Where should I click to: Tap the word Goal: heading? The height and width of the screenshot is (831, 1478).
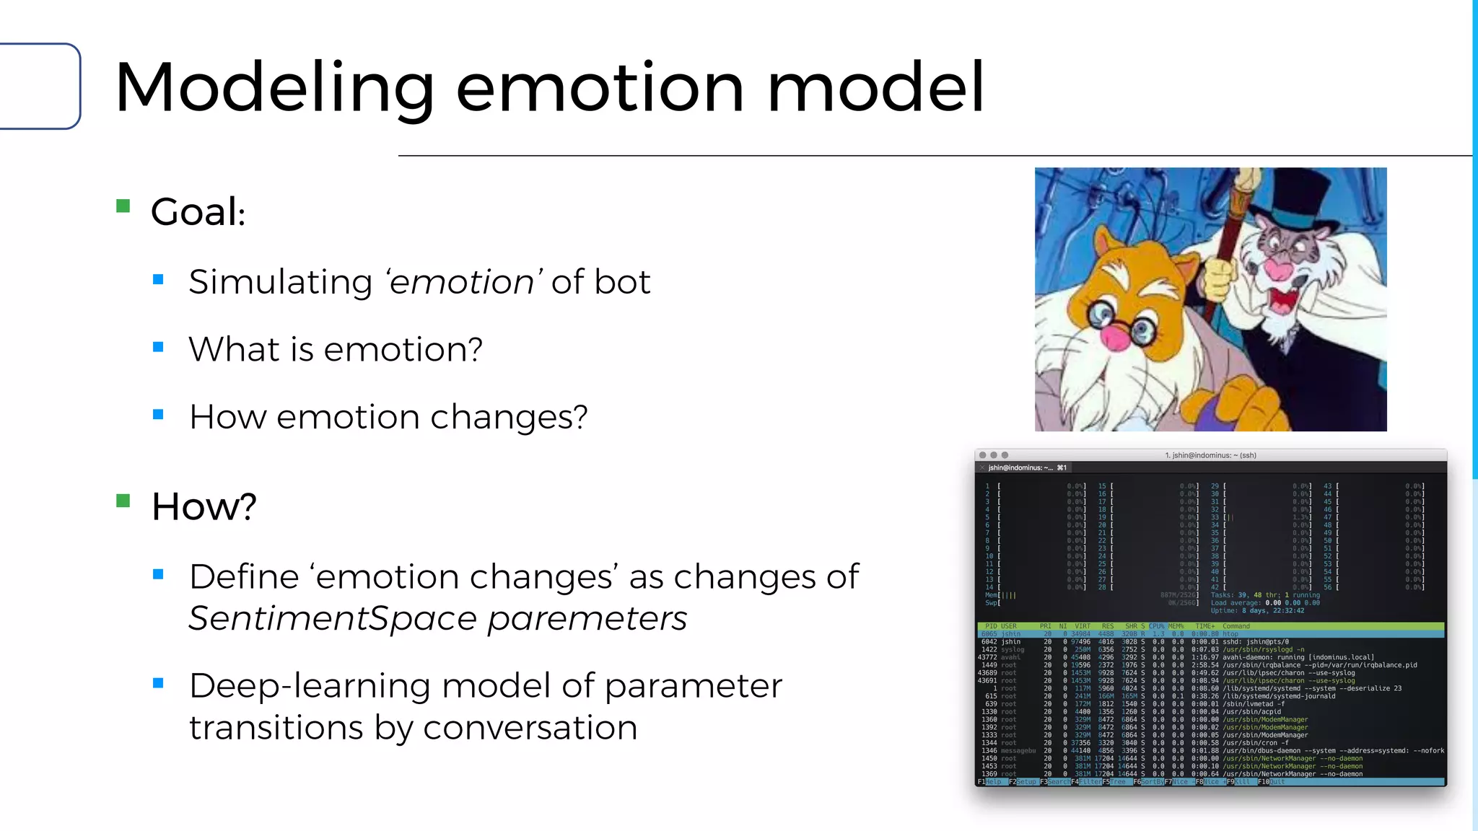pos(198,212)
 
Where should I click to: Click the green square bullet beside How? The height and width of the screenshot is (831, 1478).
pos(123,501)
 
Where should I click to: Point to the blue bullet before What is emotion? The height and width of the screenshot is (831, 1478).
pos(159,347)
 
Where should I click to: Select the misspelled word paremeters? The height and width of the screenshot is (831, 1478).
pos(587,619)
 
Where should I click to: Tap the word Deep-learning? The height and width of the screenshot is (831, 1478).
pos(310,685)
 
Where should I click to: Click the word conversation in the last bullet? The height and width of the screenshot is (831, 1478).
pos(530,727)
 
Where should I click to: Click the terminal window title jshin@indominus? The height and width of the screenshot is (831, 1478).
pos(1210,455)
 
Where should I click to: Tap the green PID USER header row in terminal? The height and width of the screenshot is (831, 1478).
pos(1210,626)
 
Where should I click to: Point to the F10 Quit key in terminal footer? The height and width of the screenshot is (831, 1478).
pos(1272,782)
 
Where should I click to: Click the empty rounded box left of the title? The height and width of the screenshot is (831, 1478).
pos(40,87)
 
